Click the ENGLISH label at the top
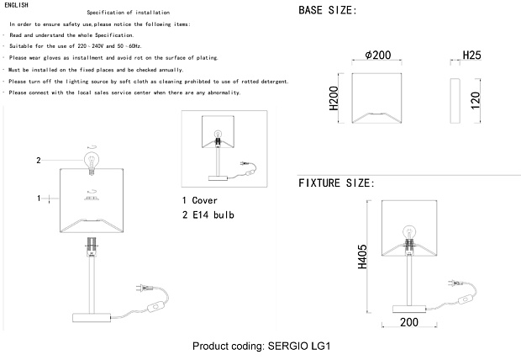[x=16, y=5]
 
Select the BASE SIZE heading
[x=327, y=10]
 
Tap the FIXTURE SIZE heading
[x=336, y=183]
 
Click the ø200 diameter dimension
[x=378, y=55]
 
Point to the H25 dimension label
[x=471, y=55]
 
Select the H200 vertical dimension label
[x=334, y=98]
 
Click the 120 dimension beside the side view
[x=476, y=100]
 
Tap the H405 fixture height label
[x=362, y=257]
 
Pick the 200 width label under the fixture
[x=409, y=322]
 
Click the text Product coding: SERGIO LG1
[x=261, y=346]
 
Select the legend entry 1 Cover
[x=200, y=200]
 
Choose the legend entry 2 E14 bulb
[x=208, y=215]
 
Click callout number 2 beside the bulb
[x=39, y=161]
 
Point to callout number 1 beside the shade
[x=39, y=199]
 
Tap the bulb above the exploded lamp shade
[x=91, y=162]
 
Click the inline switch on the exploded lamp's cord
[x=155, y=306]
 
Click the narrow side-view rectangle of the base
[x=455, y=101]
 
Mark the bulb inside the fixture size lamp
[x=409, y=232]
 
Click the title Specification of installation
[x=129, y=13]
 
